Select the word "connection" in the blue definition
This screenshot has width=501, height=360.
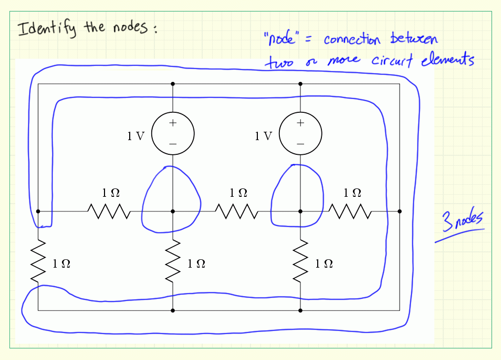coord(352,40)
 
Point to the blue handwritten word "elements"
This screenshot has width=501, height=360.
coord(451,60)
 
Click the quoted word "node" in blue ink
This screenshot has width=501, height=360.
coord(281,39)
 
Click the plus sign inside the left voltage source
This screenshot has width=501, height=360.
coord(173,124)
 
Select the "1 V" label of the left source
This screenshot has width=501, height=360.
coord(135,136)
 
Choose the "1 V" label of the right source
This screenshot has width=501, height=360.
coord(264,136)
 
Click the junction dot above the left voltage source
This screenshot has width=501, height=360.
coord(173,83)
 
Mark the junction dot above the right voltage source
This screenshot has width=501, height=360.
coord(300,83)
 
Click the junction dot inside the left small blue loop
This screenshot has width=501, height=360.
coord(173,211)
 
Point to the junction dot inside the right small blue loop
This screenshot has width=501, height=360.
coord(300,211)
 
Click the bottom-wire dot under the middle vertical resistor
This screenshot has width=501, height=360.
coord(173,311)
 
